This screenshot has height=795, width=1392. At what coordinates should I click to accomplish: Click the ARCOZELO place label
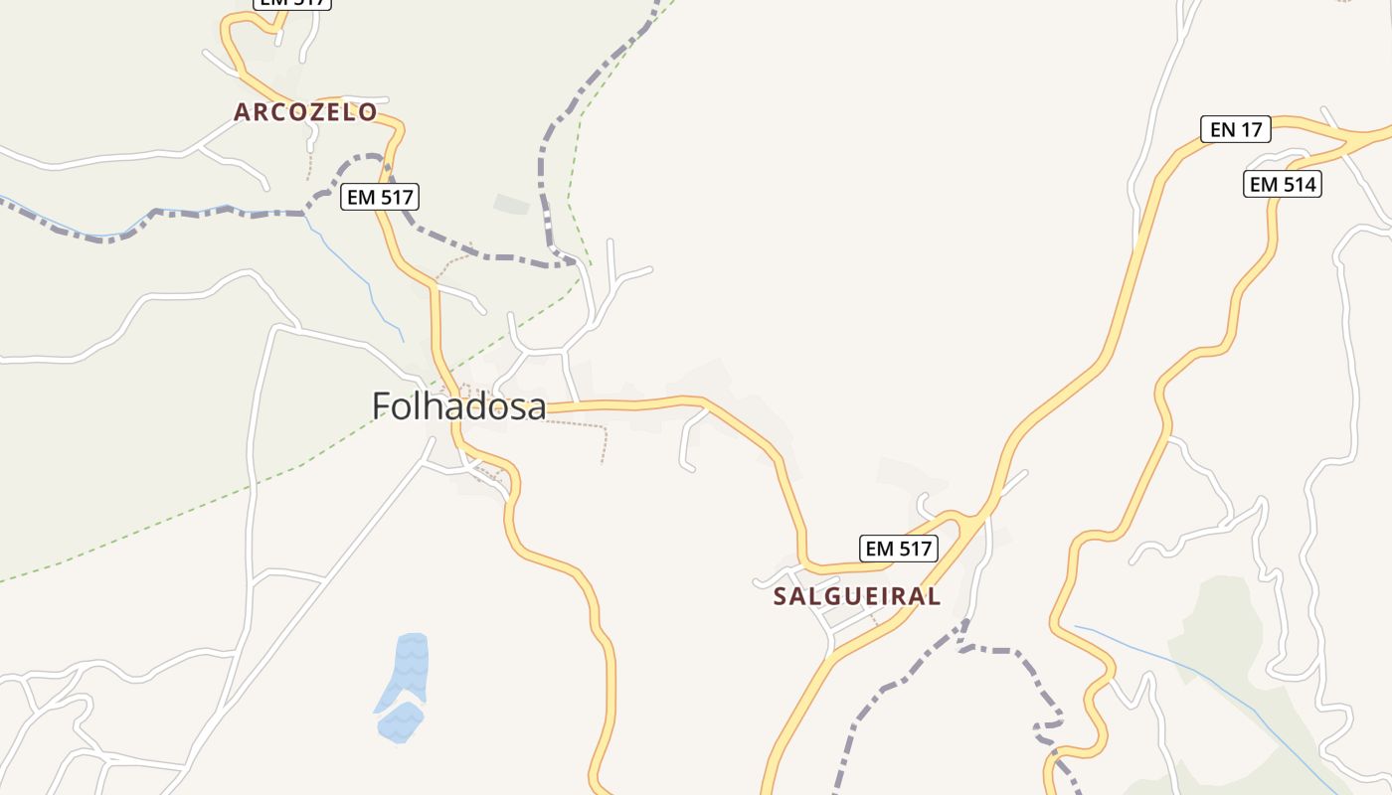[305, 112]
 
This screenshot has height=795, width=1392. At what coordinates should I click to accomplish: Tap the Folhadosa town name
[458, 406]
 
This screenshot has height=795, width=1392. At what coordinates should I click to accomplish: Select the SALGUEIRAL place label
[856, 596]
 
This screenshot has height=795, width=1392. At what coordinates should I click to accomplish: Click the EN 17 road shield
[1235, 129]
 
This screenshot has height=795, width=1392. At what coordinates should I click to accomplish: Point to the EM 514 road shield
[1282, 184]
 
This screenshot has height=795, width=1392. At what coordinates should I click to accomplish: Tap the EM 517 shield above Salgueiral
[898, 549]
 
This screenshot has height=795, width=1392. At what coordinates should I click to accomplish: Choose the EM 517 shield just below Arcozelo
[379, 197]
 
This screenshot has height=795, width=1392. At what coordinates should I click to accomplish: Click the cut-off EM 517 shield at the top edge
[291, 3]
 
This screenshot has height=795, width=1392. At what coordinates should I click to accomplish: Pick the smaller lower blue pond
[400, 721]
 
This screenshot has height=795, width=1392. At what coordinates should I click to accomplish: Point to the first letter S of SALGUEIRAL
[781, 596]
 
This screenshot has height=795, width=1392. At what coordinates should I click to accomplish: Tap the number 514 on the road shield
[1297, 184]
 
